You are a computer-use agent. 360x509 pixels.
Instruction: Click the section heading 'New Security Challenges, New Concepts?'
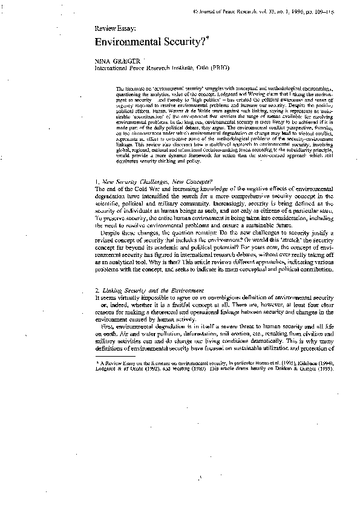[159, 181]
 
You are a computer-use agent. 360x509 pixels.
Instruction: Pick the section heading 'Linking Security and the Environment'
[153, 291]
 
